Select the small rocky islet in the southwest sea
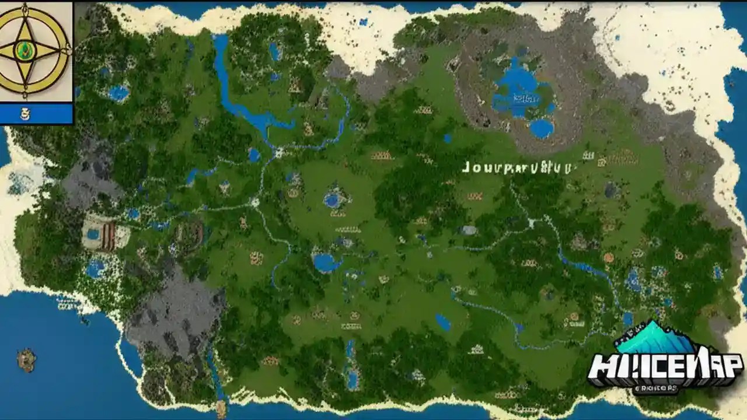[x=26, y=359]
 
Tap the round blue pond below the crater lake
[x=542, y=128]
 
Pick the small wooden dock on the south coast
[x=221, y=408]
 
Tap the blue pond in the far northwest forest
[x=118, y=93]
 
